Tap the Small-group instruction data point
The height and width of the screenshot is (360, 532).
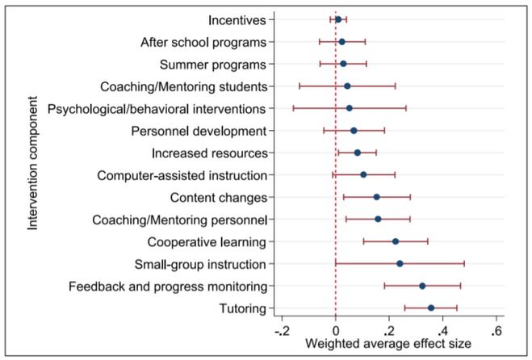point(400,263)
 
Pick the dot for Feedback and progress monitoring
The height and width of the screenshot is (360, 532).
point(422,286)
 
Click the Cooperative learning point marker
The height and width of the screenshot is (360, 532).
point(396,241)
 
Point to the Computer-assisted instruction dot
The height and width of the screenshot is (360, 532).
point(363,174)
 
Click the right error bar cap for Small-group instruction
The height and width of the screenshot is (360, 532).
point(464,263)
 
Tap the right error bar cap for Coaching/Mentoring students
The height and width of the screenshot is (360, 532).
point(396,86)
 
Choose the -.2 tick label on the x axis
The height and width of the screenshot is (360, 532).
point(282,331)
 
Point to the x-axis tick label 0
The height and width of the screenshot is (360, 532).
point(336,331)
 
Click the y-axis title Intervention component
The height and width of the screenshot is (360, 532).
point(33,163)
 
